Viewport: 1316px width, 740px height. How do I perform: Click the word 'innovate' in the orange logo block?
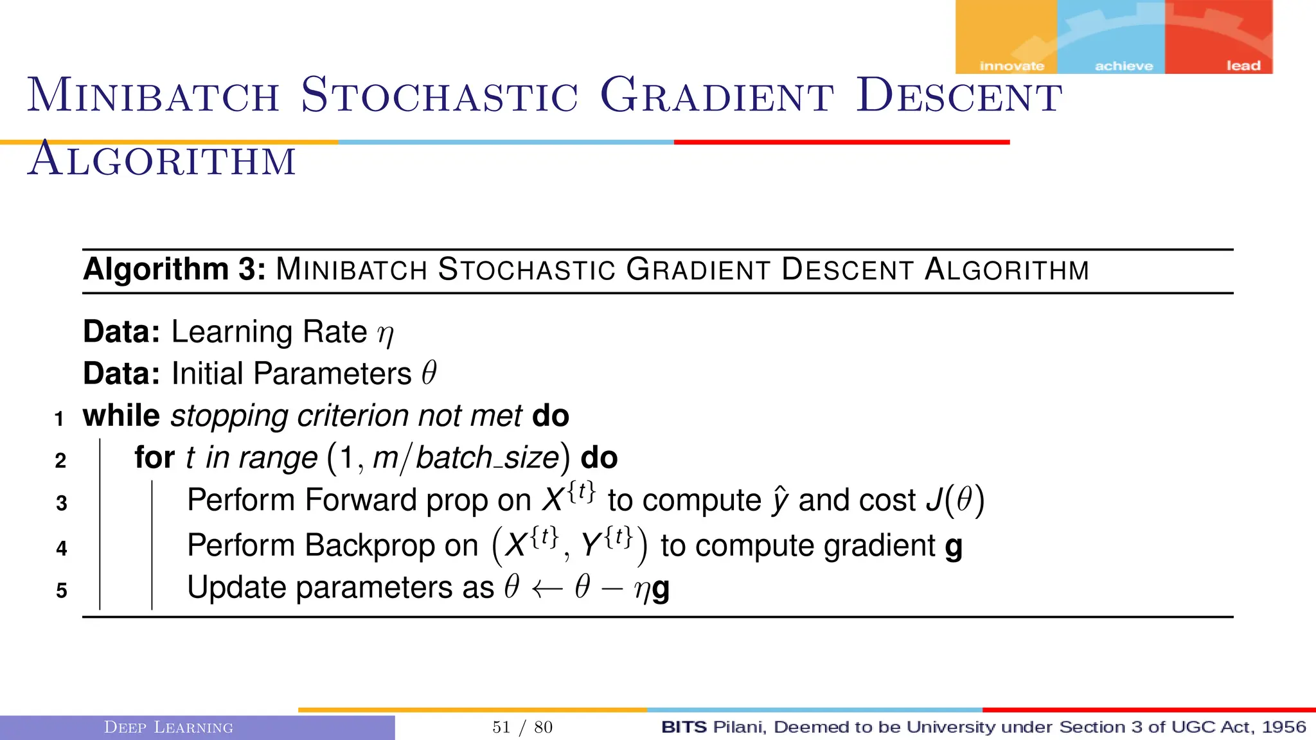(x=1011, y=66)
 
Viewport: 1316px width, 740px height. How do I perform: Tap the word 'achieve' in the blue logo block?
(x=1124, y=66)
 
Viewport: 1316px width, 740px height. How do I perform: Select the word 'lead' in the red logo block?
(x=1243, y=66)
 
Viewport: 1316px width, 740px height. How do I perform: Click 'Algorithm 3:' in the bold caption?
(x=174, y=269)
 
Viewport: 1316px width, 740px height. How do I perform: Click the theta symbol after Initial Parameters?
(x=429, y=373)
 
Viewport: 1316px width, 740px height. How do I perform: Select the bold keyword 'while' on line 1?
(x=121, y=416)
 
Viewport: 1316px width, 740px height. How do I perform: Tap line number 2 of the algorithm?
(x=60, y=461)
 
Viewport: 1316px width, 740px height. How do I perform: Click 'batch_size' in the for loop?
(x=487, y=458)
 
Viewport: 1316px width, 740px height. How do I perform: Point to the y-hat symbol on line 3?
(x=779, y=501)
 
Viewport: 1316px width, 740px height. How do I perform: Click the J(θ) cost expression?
(x=955, y=500)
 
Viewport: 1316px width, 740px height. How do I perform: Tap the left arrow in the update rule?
(x=547, y=589)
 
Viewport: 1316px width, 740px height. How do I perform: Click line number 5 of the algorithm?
(x=61, y=590)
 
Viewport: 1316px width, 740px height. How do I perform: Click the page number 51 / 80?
(x=522, y=727)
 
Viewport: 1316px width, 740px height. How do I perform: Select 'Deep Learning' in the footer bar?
(x=168, y=727)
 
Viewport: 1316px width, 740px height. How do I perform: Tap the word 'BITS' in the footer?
(x=684, y=727)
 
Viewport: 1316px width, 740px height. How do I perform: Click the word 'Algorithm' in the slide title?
(x=162, y=160)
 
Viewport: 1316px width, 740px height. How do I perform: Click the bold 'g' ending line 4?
(x=954, y=547)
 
